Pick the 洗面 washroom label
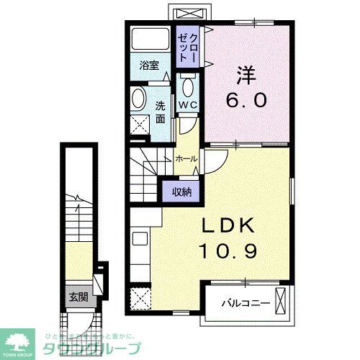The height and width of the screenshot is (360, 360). coord(160,111)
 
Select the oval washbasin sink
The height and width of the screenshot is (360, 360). coord(139,99)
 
